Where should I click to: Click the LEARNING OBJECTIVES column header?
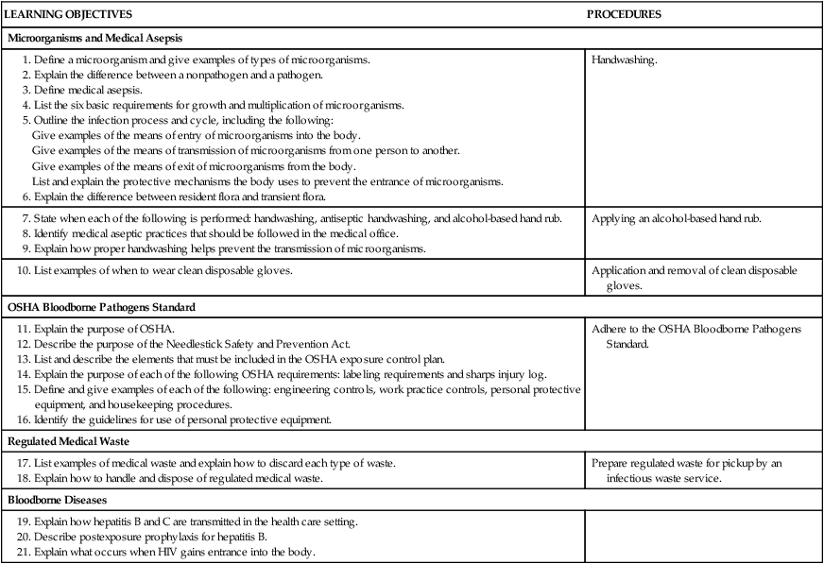69,15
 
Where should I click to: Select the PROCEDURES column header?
624,15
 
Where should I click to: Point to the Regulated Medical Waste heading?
70,441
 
